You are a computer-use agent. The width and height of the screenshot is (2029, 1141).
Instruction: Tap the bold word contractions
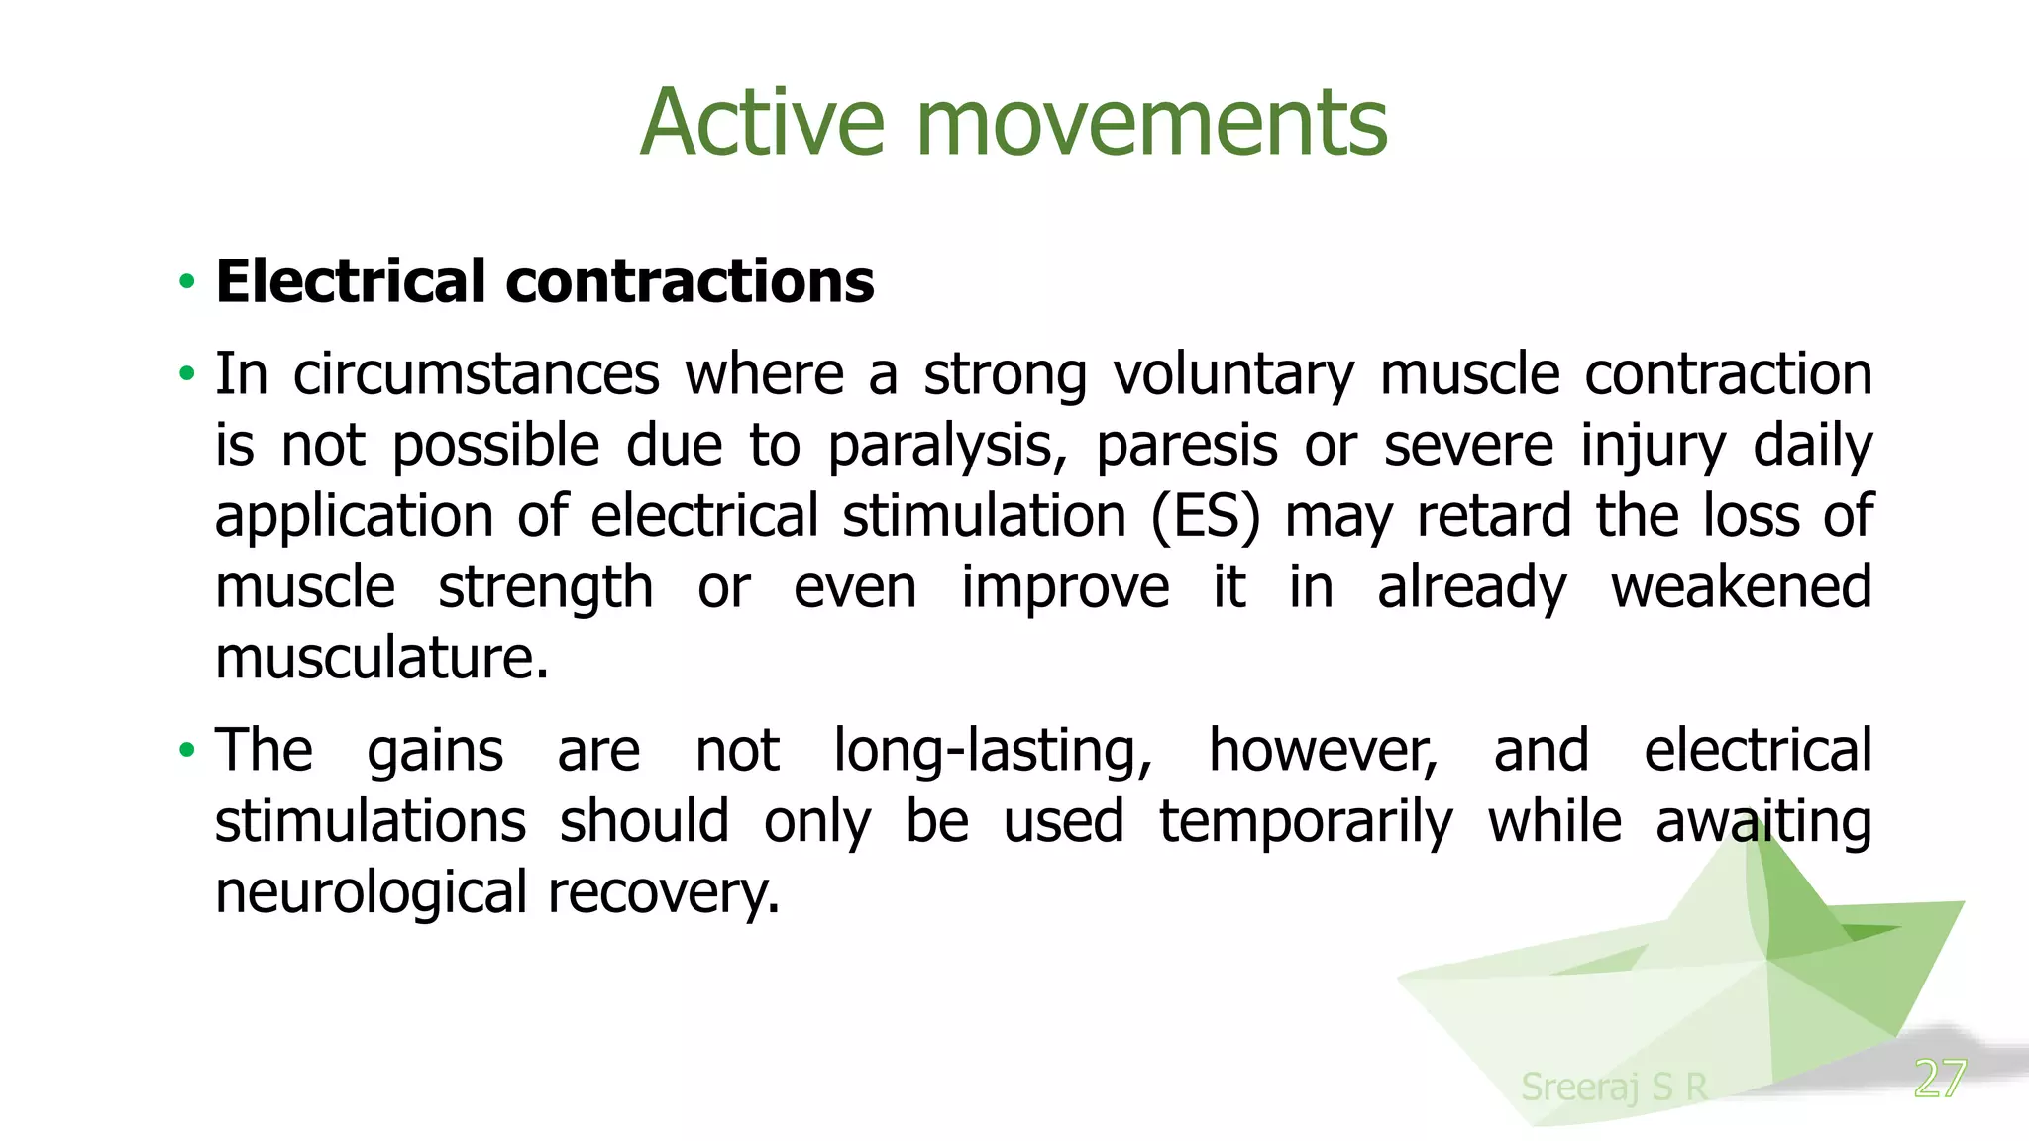[x=691, y=281]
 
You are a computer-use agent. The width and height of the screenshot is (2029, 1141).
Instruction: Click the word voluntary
[x=1232, y=374]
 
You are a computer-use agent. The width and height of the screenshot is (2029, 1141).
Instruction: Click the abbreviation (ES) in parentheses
[x=1206, y=516]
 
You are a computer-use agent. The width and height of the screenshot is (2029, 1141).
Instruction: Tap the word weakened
[x=1741, y=587]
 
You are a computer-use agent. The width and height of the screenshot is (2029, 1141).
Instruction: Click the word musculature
[x=381, y=658]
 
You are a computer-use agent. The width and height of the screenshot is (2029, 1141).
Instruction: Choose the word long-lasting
[x=993, y=750]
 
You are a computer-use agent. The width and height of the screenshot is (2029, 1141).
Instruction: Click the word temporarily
[x=1306, y=821]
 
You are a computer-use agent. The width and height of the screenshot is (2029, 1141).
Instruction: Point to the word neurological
[x=371, y=892]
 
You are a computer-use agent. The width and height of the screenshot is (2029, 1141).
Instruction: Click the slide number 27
[x=1939, y=1079]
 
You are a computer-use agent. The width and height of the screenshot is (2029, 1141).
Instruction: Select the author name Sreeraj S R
[x=1614, y=1087]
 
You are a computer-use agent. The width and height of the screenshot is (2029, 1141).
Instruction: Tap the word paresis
[x=1187, y=446]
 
